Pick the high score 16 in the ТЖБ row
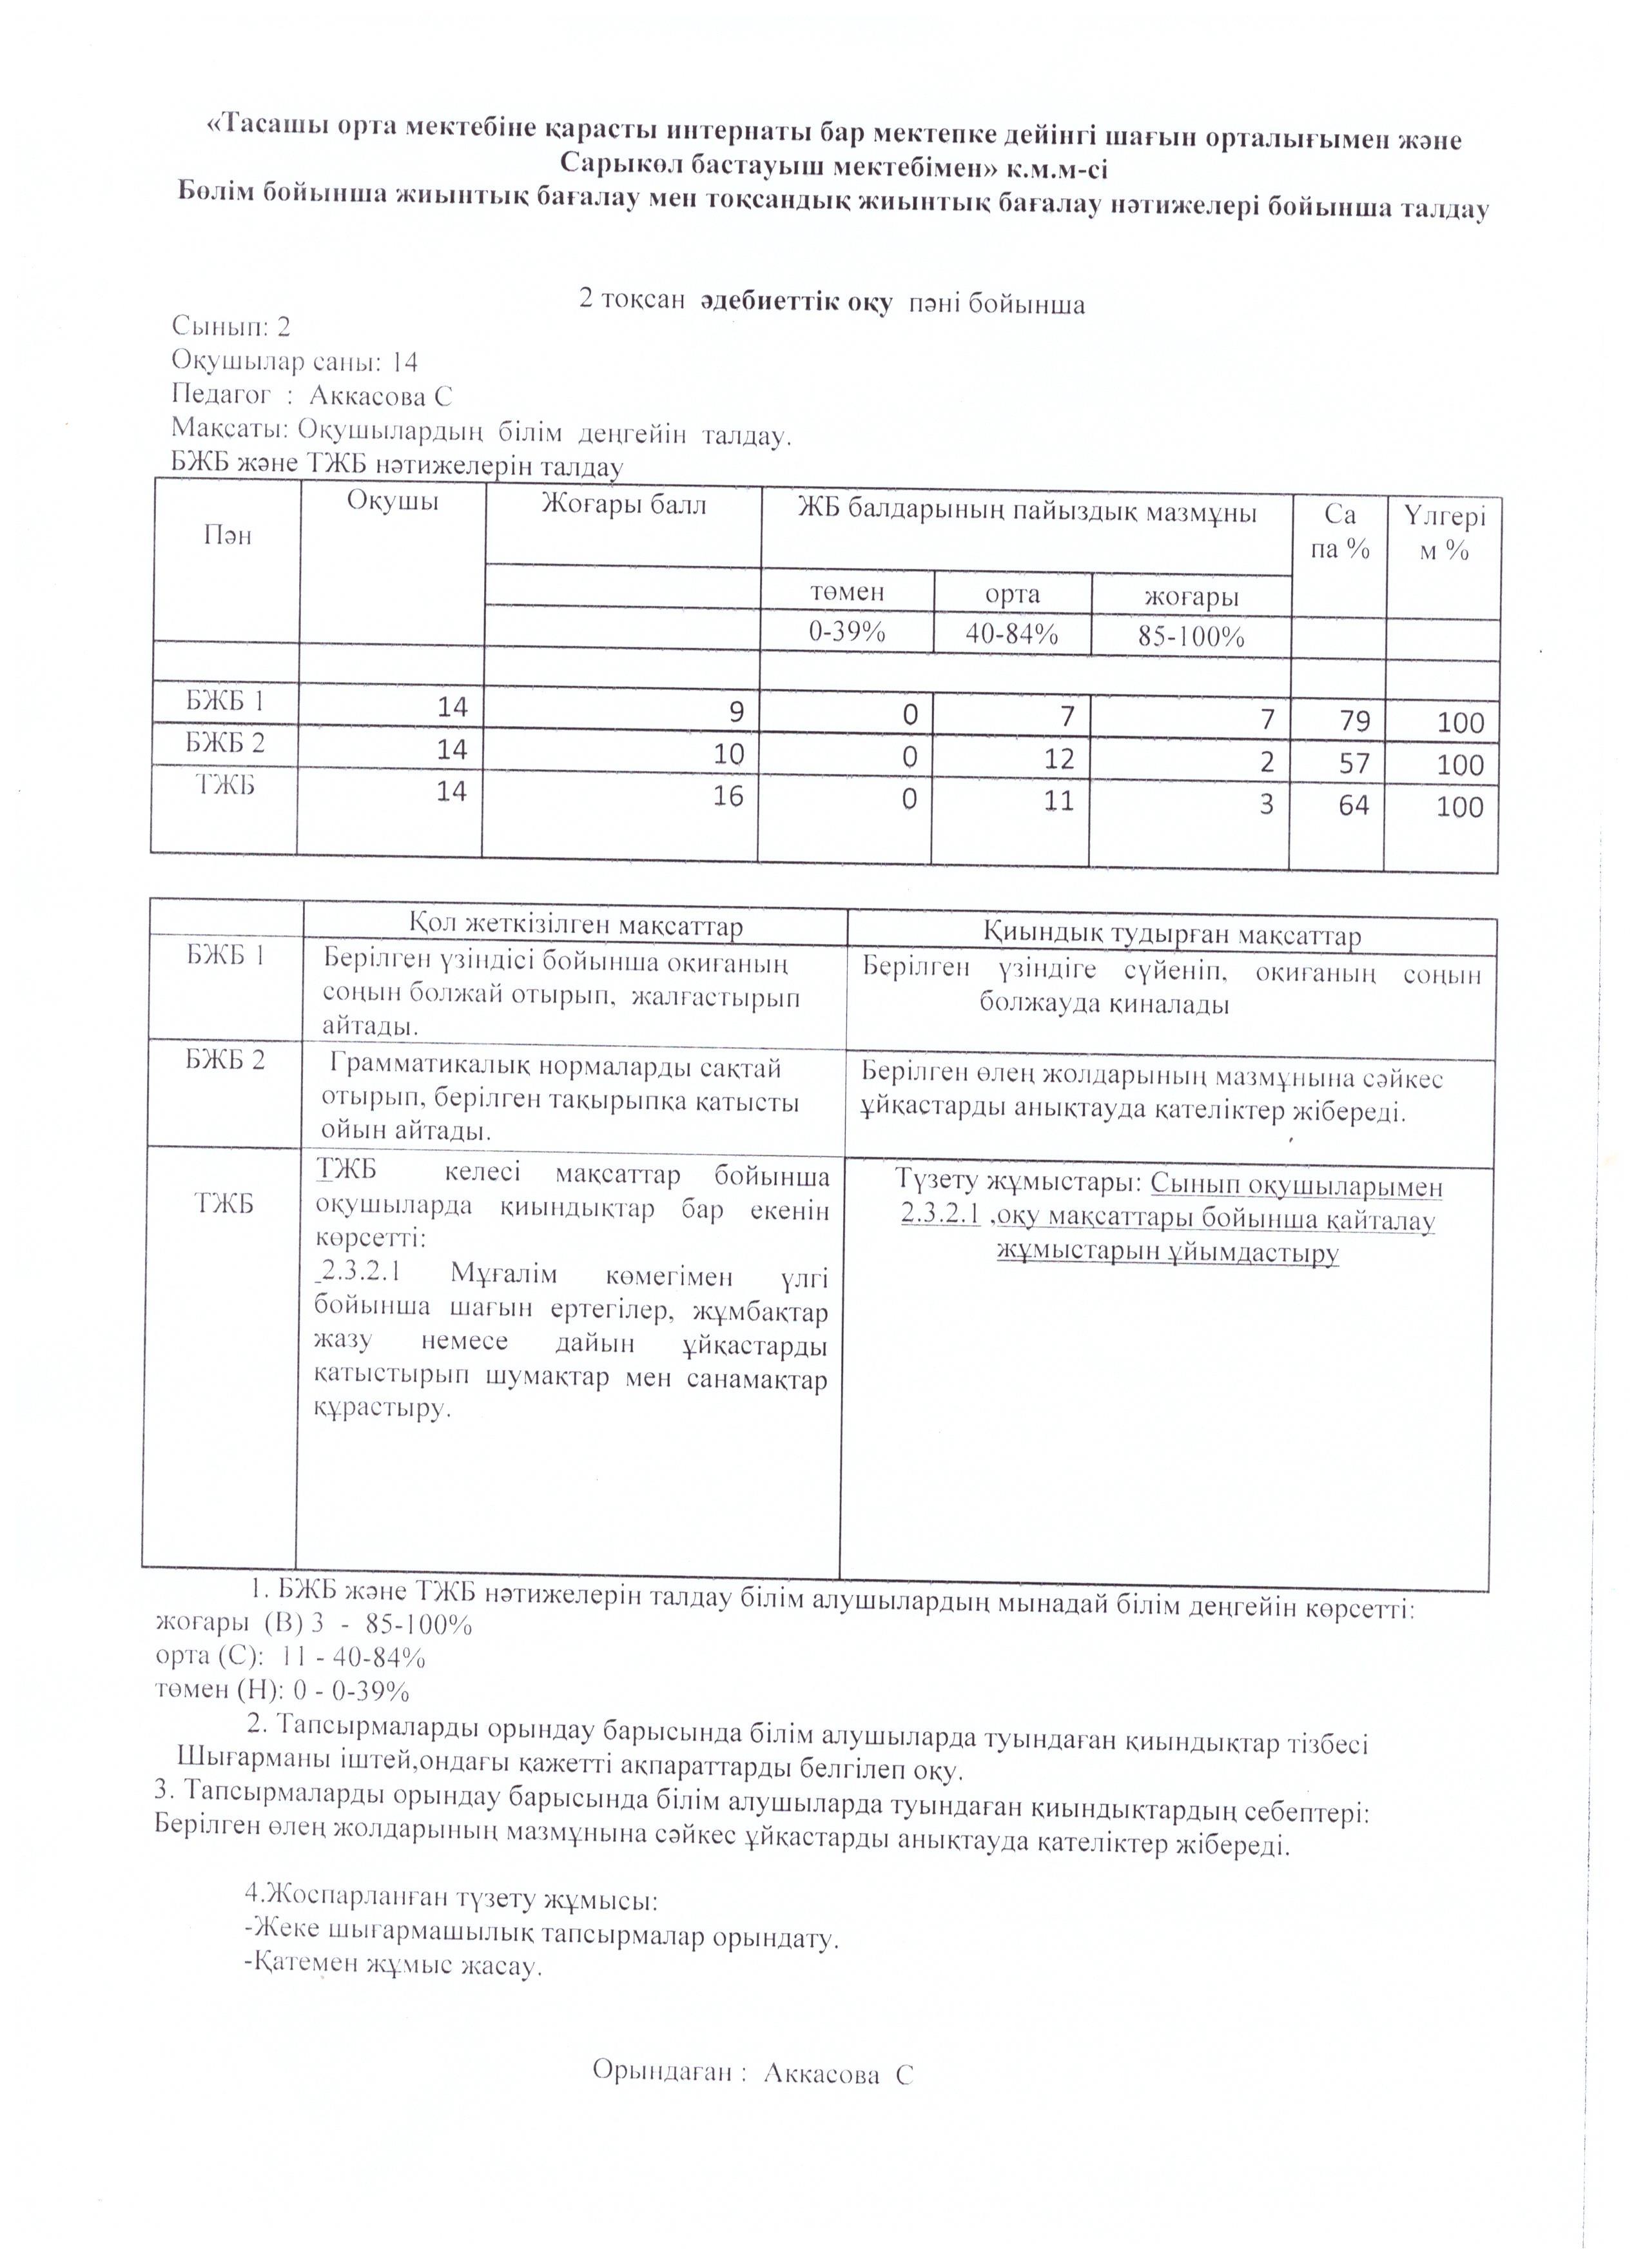coord(728,796)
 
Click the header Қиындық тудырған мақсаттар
coord(1172,935)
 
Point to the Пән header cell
coord(228,536)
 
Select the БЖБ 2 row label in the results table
coord(226,743)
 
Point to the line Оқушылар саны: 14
coord(295,360)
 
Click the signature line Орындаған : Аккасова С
coord(753,2073)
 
